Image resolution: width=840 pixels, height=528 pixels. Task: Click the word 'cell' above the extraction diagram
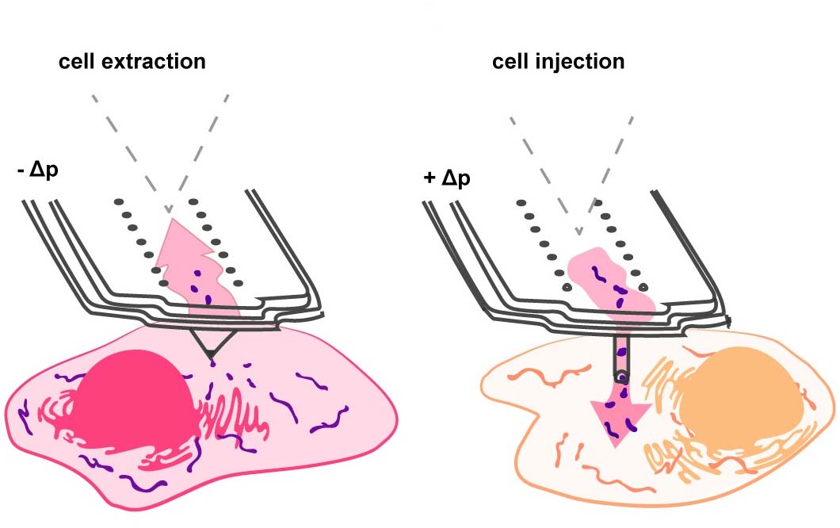pos(78,61)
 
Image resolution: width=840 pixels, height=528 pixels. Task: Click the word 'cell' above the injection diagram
pos(512,61)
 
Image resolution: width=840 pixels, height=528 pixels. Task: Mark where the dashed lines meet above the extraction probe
pos(168,212)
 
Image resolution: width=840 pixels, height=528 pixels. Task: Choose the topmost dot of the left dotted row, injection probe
pos(521,203)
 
